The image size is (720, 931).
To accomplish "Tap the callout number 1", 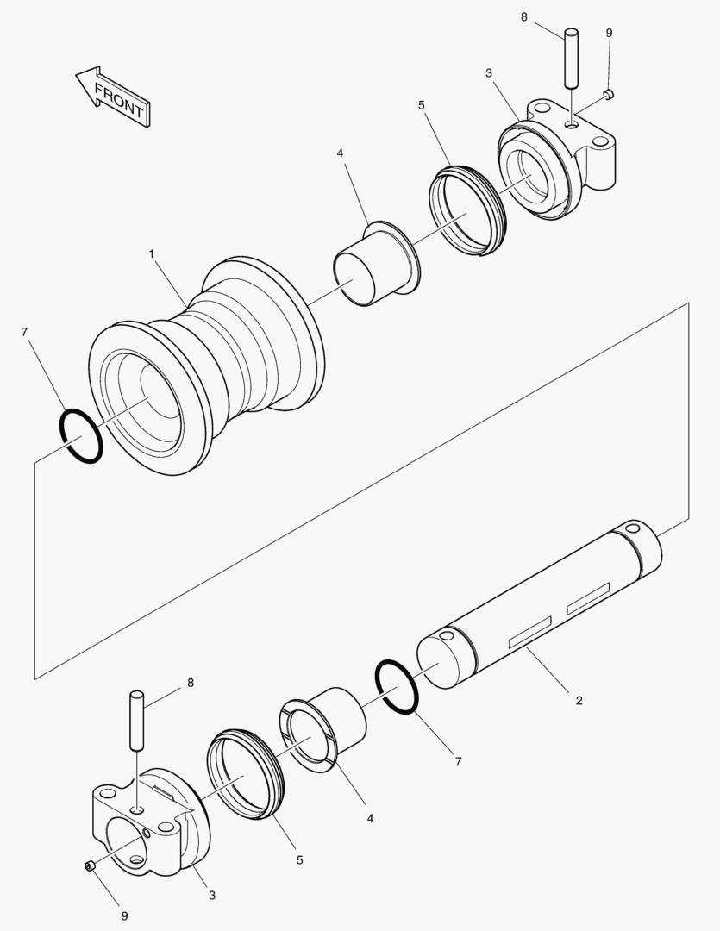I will [x=151, y=254].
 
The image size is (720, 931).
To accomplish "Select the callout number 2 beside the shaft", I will [x=579, y=701].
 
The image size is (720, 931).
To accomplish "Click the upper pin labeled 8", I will [x=571, y=59].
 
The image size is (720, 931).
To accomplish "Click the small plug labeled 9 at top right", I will [x=607, y=93].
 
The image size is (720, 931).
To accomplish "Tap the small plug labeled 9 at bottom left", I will [x=89, y=865].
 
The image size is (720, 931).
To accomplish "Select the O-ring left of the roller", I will [x=81, y=437].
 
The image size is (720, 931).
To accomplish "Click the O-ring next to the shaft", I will [x=397, y=686].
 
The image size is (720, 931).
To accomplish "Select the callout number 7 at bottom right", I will [x=458, y=761].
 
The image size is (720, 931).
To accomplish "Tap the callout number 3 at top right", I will [x=489, y=73].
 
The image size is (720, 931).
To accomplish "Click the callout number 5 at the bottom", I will [x=301, y=859].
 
